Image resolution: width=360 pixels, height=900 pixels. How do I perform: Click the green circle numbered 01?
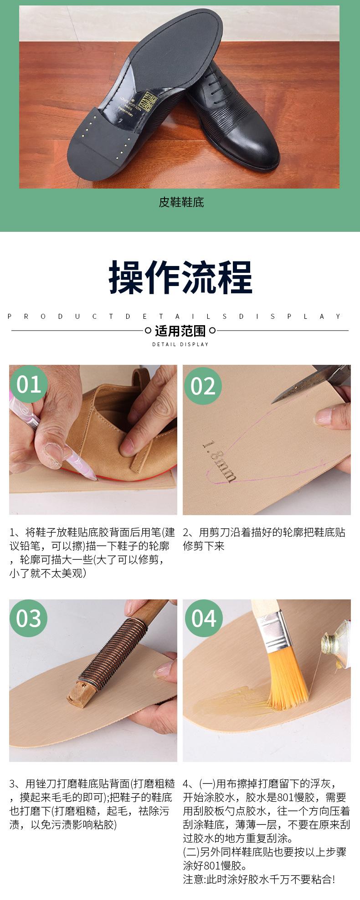[x=28, y=384]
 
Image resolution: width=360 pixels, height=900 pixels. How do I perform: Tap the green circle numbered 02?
[x=203, y=386]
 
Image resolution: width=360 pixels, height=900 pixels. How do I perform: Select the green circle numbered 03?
[x=28, y=618]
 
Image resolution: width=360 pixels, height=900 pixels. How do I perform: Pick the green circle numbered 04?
[x=203, y=618]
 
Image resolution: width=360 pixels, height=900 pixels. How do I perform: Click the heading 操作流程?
[x=180, y=277]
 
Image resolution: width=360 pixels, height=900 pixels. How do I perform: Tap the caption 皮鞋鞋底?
[x=181, y=202]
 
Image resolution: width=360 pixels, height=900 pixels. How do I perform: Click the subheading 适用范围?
[x=180, y=331]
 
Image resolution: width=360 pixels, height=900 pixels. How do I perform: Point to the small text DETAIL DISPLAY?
[x=180, y=344]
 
